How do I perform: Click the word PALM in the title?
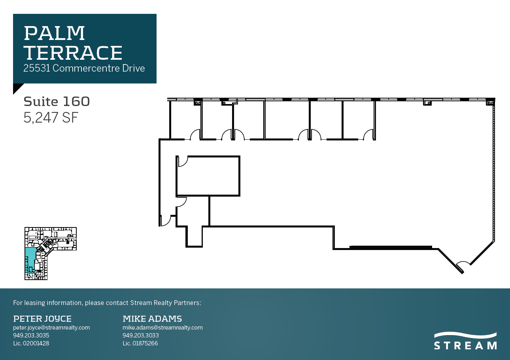(54, 33)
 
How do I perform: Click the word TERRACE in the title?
(73, 53)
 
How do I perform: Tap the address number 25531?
(37, 68)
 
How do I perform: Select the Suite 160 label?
(57, 102)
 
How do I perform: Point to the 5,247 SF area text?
(50, 118)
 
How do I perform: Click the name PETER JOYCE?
(42, 318)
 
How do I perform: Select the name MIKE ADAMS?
(152, 318)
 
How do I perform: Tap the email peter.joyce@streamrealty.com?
(51, 328)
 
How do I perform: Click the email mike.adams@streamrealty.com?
(162, 328)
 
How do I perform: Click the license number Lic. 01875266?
(140, 343)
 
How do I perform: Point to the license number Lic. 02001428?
(31, 343)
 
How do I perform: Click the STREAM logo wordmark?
(465, 345)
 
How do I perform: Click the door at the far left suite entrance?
(165, 220)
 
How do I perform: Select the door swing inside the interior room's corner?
(182, 161)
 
